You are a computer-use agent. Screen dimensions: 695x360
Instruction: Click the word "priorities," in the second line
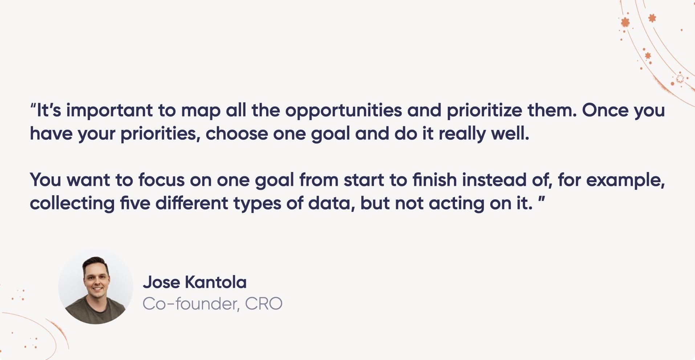tap(160, 134)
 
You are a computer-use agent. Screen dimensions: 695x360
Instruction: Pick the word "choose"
tap(237, 134)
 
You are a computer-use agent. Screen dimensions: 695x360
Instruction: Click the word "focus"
tap(162, 180)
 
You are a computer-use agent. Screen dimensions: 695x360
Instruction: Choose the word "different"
tap(192, 203)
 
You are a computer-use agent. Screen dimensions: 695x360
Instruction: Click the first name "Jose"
tap(161, 282)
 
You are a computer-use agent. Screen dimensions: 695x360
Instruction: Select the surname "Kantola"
tap(216, 282)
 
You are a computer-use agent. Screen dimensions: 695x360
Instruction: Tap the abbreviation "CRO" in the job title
tap(264, 304)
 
